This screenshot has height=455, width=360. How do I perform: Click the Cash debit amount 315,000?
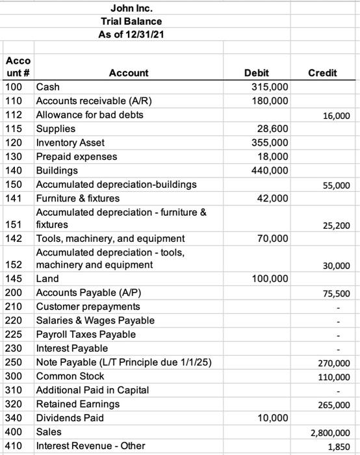point(270,87)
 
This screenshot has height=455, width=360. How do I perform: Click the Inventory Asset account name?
point(70,142)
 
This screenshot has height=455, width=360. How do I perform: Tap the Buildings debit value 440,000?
point(270,170)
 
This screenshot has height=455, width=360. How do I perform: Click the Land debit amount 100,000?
point(270,279)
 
